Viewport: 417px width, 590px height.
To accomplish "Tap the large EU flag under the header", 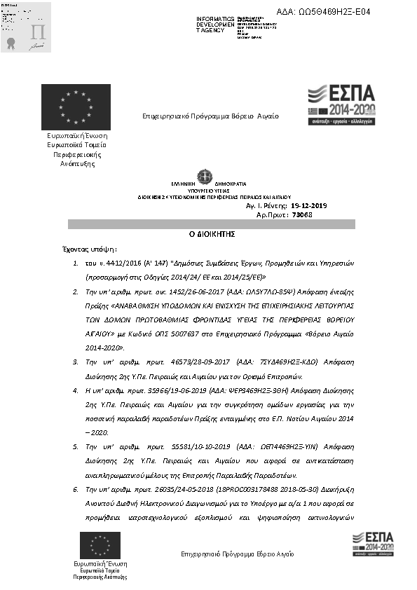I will (x=75, y=107).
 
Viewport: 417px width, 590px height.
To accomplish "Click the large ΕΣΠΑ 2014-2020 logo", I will (x=342, y=104).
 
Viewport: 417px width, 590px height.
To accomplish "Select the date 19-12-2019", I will (x=308, y=206).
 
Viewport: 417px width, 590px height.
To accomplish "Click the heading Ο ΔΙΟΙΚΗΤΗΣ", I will (x=211, y=235).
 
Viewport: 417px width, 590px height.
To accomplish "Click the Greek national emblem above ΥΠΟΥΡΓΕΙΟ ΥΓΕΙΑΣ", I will (x=205, y=175).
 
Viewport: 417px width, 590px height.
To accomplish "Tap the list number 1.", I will (x=76, y=265).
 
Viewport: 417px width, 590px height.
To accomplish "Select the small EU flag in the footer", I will (x=100, y=545).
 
